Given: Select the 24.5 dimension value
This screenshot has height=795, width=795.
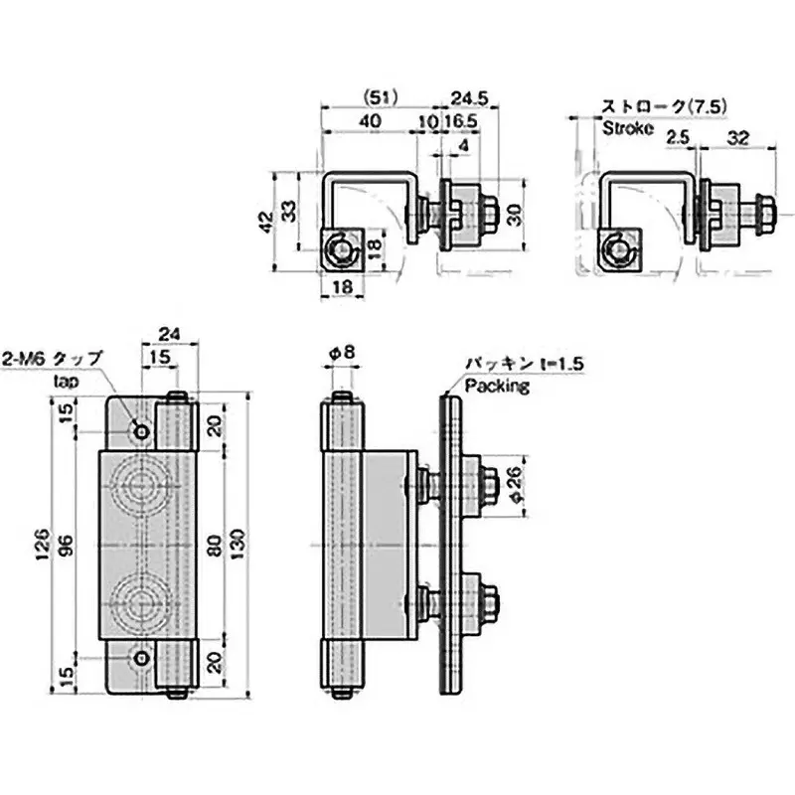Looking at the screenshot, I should [x=463, y=97].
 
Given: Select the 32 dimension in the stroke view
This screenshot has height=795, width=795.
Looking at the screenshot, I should [x=738, y=139].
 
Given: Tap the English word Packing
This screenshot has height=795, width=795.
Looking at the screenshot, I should [x=496, y=387].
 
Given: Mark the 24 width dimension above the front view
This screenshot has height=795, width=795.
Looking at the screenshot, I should [x=170, y=335].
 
